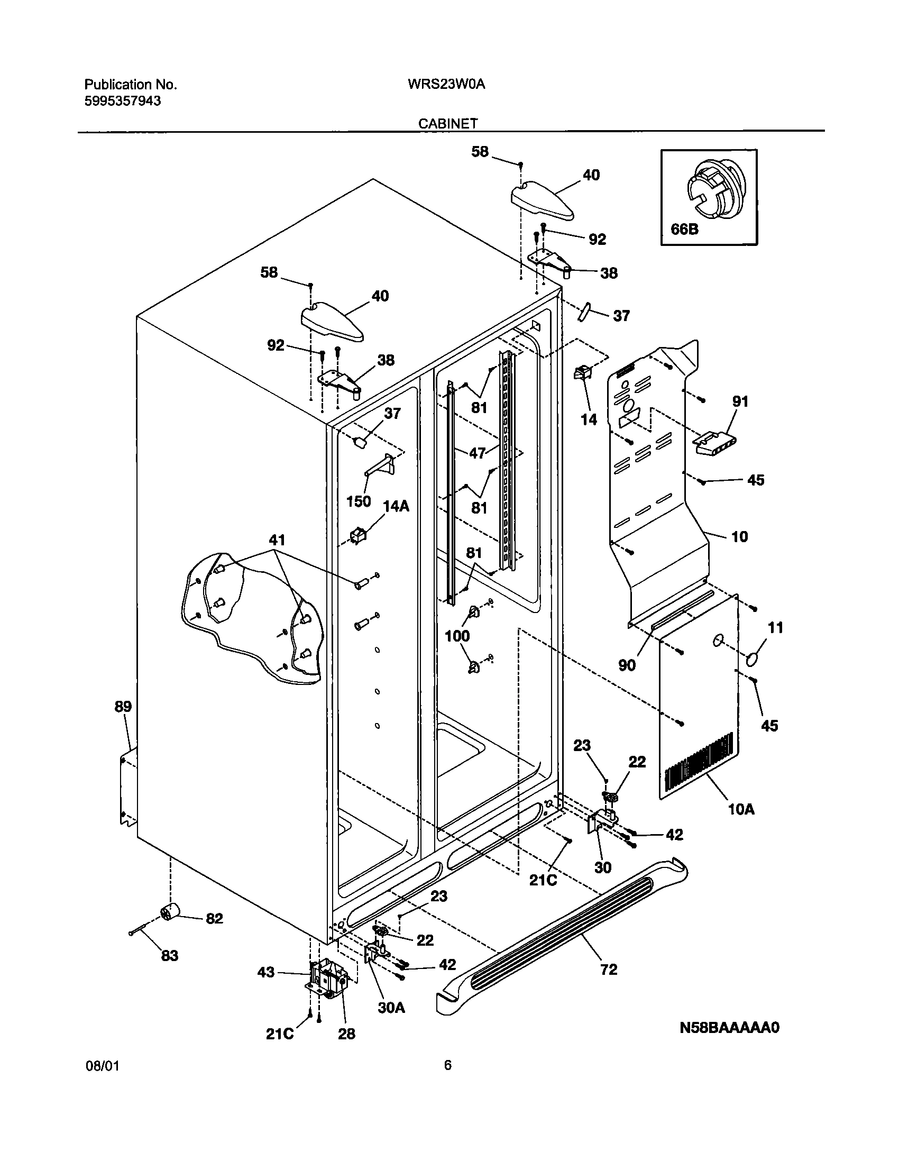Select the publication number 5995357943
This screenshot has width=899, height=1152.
(123, 100)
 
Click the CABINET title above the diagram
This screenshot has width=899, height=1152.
(448, 123)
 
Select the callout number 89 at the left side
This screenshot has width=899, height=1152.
(123, 706)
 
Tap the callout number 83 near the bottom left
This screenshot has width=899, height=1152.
(170, 956)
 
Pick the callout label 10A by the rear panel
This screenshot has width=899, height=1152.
(741, 809)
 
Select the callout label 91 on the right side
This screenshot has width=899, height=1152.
(740, 401)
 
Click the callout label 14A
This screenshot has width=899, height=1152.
(396, 506)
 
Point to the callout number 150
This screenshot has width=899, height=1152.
(358, 501)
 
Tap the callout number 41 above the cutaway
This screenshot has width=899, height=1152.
(277, 540)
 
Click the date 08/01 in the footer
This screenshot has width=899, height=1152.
(102, 1080)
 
